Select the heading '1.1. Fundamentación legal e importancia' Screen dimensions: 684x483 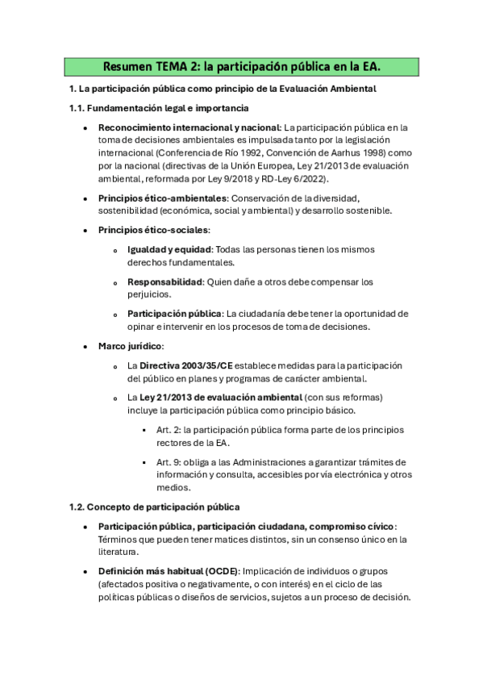(x=159, y=107)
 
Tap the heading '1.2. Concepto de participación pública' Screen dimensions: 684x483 (x=154, y=507)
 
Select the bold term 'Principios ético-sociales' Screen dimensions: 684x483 (x=152, y=230)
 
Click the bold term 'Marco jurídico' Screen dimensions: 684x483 (x=130, y=346)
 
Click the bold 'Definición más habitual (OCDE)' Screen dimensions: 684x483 (x=168, y=571)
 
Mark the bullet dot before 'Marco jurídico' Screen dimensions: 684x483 (x=85, y=347)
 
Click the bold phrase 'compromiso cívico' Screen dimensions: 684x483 (x=336, y=527)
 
